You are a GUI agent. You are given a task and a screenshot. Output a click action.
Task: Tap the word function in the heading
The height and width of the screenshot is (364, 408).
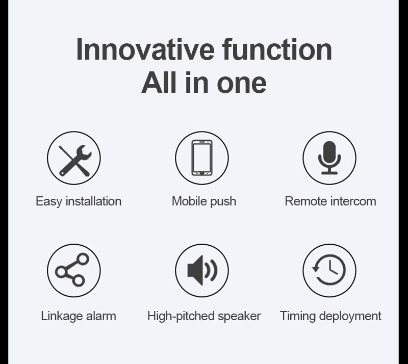tap(277, 49)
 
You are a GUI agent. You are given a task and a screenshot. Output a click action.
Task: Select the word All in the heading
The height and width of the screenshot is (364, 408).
tap(159, 83)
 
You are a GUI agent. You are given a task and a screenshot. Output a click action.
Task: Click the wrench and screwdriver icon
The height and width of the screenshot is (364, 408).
tap(74, 158)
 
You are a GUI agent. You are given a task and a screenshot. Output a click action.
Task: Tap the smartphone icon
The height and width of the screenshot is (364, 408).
tap(202, 158)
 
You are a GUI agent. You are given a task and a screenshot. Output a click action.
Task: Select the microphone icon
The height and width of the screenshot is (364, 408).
tap(329, 158)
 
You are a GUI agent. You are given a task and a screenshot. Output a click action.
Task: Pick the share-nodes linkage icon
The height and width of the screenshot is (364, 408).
tap(74, 270)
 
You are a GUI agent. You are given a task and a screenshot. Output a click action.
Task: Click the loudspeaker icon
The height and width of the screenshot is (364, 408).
tap(202, 270)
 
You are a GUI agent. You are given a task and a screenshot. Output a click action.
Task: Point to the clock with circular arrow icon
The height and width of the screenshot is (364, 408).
tap(329, 270)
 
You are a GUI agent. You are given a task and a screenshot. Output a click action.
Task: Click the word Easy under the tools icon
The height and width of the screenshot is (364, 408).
tap(47, 201)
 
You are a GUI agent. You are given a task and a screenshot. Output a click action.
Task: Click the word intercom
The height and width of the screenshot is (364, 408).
tap(353, 201)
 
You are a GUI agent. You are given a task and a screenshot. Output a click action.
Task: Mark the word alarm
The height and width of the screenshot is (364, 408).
tap(102, 316)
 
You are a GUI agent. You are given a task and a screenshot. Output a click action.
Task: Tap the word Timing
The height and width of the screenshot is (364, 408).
tap(297, 316)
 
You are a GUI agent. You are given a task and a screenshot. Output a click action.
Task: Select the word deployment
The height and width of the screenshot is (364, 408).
tap(350, 316)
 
